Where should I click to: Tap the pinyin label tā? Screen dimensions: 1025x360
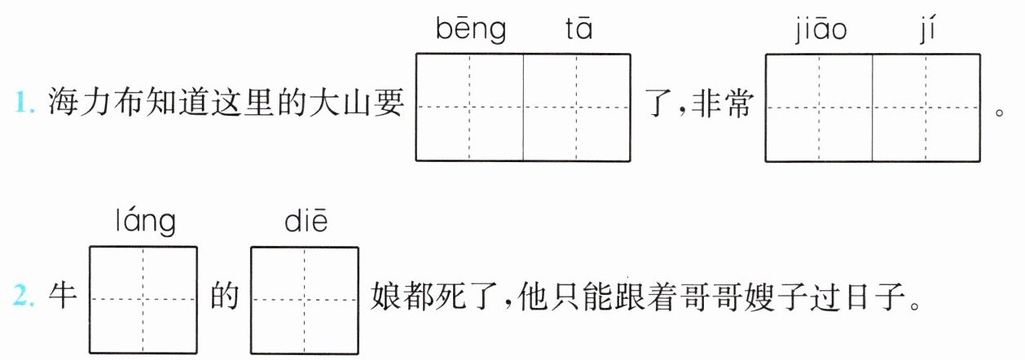point(578,30)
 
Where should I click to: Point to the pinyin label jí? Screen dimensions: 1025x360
point(926,30)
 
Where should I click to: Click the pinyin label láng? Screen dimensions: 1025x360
point(144,222)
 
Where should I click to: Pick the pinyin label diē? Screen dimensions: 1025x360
point(306,222)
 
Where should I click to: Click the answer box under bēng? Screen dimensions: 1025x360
point(469,107)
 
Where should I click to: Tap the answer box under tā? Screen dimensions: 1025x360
point(577,107)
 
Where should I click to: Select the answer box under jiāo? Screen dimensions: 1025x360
point(819,107)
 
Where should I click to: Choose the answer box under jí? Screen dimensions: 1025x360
point(926,107)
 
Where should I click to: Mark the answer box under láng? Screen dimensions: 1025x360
point(143,299)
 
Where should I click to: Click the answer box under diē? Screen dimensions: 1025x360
point(305,299)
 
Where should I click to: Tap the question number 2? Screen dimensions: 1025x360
point(24,300)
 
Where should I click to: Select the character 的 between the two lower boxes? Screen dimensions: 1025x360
point(223,299)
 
